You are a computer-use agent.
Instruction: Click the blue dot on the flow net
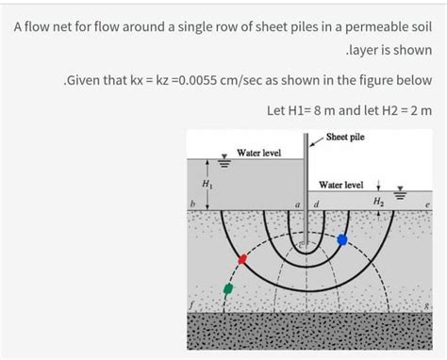point(342,239)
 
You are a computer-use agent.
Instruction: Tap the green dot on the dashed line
point(227,288)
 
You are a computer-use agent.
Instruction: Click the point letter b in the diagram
point(191,205)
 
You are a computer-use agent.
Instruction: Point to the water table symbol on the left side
point(223,161)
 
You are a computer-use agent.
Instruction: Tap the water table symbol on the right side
point(397,196)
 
